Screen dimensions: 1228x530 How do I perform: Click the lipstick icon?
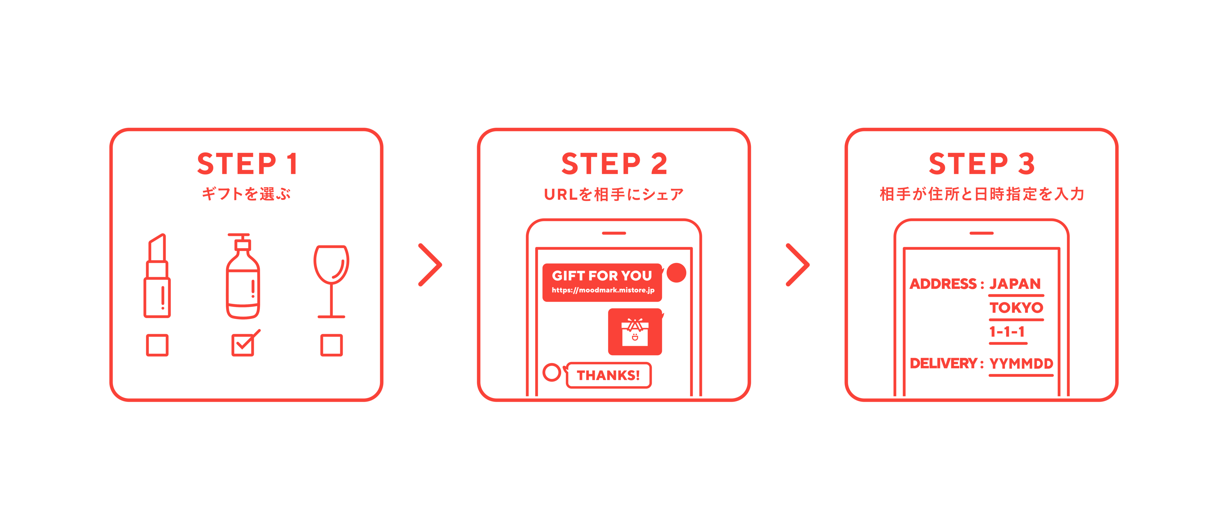point(157,276)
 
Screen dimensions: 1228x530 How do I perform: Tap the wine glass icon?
point(331,281)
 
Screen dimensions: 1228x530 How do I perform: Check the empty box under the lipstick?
point(157,345)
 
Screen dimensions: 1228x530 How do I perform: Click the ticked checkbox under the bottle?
point(245,343)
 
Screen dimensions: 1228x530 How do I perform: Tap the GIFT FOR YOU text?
point(602,276)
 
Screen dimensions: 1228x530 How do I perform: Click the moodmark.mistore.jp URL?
point(603,290)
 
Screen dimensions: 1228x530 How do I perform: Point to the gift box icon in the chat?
point(635,332)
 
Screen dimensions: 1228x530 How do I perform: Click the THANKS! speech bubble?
point(608,375)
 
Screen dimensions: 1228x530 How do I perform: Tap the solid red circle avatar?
point(676,273)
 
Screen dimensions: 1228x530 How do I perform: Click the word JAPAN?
point(1015,284)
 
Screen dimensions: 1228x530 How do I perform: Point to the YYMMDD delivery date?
point(1021,364)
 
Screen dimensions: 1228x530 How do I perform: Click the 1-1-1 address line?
point(1007,331)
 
